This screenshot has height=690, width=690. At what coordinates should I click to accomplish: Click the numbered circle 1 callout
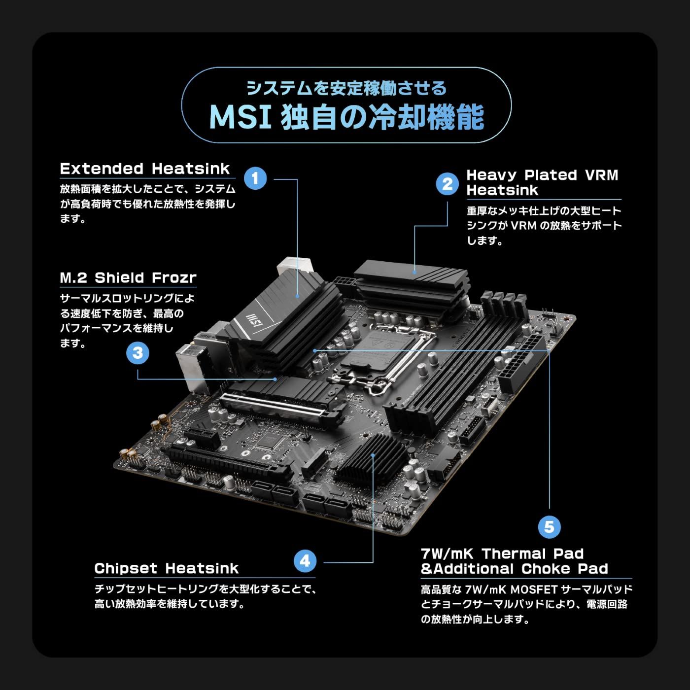pos(255,178)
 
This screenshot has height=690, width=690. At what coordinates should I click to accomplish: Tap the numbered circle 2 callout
pos(447,184)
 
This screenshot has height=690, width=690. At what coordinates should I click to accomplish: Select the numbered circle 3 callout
pos(138,353)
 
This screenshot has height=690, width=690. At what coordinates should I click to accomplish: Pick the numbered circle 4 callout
pos(305,561)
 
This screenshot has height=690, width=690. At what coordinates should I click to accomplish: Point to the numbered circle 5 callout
pos(549,527)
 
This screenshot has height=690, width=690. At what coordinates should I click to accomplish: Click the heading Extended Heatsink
pos(145,169)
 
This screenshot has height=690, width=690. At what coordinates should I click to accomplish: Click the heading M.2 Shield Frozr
pos(128,278)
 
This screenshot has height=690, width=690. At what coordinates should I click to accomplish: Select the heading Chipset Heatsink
pos(166,569)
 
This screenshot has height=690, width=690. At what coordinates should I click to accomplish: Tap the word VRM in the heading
pos(601,175)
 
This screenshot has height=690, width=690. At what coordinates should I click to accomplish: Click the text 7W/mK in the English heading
pos(447,554)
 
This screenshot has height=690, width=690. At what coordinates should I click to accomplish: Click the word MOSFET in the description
pos(534,589)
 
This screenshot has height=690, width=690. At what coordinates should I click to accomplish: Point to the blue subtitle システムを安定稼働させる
pos(346,89)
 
